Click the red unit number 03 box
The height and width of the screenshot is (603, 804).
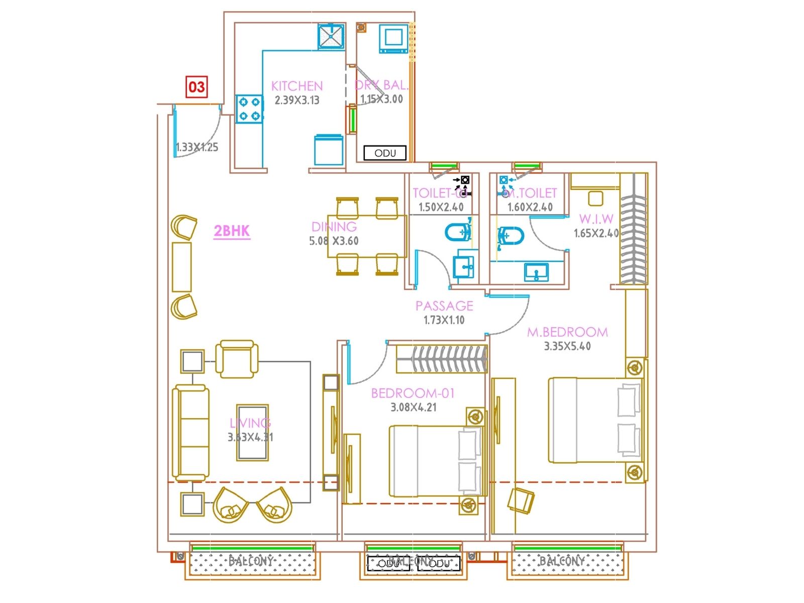(x=196, y=87)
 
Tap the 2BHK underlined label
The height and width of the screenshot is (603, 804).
(x=232, y=231)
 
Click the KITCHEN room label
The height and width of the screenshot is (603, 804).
(x=297, y=86)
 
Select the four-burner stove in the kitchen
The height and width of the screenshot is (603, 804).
(x=249, y=109)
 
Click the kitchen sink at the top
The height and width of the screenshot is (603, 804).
(x=331, y=36)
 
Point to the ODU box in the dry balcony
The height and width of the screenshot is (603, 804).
(x=385, y=153)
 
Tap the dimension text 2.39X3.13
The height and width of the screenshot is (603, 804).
(x=297, y=100)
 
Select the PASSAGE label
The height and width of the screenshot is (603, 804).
(x=444, y=306)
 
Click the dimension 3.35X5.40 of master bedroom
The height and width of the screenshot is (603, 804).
(x=567, y=346)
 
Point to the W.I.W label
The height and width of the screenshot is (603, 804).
(x=596, y=219)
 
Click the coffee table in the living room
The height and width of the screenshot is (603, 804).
(x=252, y=432)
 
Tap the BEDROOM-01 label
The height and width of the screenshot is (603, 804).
(x=413, y=393)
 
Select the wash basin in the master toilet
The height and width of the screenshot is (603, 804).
(x=537, y=273)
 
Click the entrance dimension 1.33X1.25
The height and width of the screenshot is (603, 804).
(x=197, y=147)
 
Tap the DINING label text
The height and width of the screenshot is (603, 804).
(x=334, y=227)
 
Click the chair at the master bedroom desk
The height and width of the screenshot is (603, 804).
(x=520, y=500)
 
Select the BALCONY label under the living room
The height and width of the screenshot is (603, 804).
(x=251, y=561)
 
